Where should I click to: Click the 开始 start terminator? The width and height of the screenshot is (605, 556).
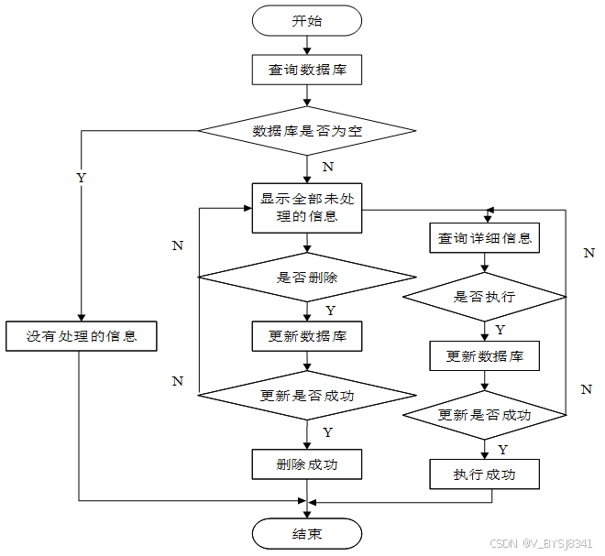(x=307, y=20)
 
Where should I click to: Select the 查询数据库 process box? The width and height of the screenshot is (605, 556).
(x=307, y=70)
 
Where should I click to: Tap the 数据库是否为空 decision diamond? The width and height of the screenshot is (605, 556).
(x=307, y=131)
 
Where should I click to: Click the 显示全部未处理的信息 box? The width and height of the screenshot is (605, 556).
(x=307, y=208)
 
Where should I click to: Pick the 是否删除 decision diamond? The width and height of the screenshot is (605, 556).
(x=307, y=276)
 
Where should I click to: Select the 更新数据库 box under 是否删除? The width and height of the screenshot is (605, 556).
(x=307, y=336)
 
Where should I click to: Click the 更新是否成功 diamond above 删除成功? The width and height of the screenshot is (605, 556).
(x=307, y=396)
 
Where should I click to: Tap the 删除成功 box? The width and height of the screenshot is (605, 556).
(x=307, y=464)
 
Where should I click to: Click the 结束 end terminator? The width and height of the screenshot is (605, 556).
(x=307, y=534)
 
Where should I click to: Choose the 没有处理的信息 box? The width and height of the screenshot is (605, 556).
(x=81, y=336)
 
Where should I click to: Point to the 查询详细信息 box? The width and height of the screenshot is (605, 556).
(x=484, y=238)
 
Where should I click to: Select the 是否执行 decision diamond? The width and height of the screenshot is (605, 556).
(x=485, y=297)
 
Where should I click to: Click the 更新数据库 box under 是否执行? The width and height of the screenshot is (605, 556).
(x=484, y=355)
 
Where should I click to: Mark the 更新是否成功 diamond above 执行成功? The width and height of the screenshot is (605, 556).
(x=485, y=415)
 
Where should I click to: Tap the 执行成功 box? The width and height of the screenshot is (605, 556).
(x=484, y=474)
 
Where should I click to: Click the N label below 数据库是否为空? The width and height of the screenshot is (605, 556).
(x=327, y=167)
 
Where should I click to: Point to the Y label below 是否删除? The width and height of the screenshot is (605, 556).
(x=329, y=311)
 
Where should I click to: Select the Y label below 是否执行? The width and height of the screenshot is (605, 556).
(x=500, y=329)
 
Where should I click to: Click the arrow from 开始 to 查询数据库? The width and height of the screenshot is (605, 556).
(x=307, y=46)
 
